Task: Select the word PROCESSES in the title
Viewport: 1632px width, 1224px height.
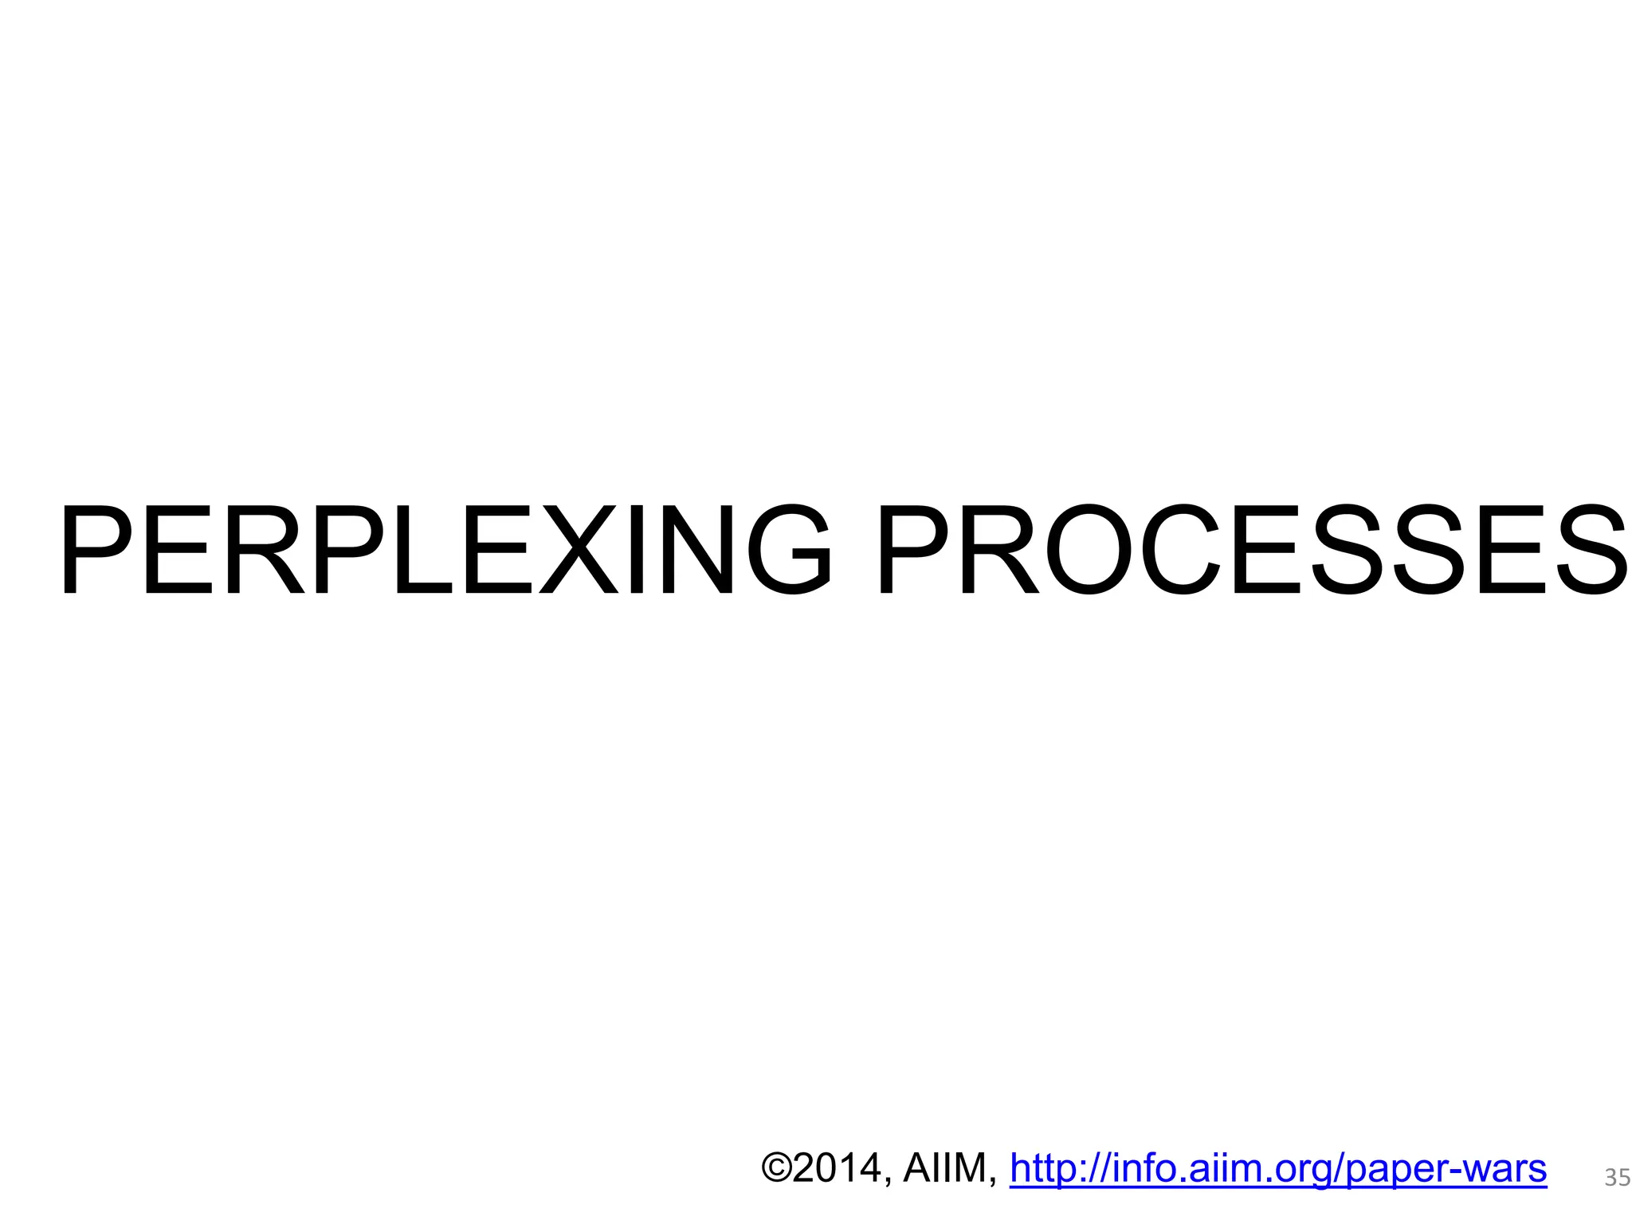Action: coord(1251,550)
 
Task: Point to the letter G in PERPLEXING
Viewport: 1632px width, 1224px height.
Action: coord(789,550)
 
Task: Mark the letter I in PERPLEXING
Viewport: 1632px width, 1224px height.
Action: coord(637,550)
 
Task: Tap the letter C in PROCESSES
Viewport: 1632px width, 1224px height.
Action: coord(1179,550)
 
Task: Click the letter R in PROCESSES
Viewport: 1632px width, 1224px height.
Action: coord(1000,550)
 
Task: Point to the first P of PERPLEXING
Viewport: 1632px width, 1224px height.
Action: coord(96,550)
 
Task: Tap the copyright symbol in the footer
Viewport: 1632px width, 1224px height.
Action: coord(776,1168)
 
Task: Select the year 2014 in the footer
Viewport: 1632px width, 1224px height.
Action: coord(837,1168)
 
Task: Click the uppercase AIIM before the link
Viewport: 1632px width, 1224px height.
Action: coord(943,1168)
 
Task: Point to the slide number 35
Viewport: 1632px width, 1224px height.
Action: coord(1617,1178)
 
